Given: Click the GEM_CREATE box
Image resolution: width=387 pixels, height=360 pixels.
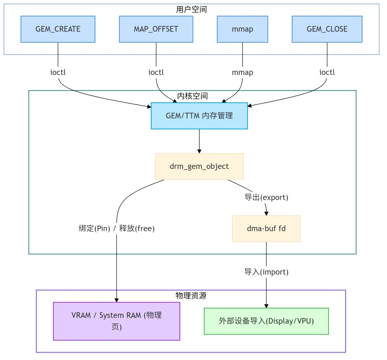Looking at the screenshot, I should (58, 29).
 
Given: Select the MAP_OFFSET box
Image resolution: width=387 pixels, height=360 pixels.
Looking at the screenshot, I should (156, 29).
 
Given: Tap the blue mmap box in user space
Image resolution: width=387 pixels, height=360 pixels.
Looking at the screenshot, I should (243, 29).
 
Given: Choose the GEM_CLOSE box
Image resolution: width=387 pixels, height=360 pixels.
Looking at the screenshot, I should (327, 29).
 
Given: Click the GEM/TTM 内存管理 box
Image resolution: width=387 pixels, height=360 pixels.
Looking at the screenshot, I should (199, 116).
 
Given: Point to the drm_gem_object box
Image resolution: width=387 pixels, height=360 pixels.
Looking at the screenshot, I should (199, 166).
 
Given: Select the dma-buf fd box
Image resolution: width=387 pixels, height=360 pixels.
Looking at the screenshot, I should (266, 228).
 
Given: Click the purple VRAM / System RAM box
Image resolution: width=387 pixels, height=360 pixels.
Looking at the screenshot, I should (116, 321).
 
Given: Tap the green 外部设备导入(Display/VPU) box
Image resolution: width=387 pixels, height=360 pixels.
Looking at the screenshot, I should (266, 321).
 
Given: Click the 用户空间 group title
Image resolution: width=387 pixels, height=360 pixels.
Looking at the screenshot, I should (191, 9).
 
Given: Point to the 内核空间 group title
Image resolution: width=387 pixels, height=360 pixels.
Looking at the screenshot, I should (192, 96).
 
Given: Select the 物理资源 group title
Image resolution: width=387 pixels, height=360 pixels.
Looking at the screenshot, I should (191, 295).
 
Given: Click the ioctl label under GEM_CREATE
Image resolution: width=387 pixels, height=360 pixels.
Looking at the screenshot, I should (58, 72).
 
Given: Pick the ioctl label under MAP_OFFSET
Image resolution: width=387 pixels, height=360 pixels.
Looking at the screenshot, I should (156, 72).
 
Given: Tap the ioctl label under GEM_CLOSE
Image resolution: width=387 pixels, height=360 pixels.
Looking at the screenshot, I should (327, 72).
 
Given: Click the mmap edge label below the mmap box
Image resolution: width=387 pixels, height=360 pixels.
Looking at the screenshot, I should (243, 72).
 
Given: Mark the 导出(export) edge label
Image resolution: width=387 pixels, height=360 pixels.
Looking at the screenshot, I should (266, 197).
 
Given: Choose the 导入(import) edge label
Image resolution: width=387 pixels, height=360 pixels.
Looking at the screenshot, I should (266, 272).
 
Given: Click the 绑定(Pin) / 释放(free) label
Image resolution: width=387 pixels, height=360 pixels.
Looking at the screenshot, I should (116, 228).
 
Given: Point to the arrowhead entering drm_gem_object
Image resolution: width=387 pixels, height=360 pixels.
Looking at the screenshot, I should (199, 151).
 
